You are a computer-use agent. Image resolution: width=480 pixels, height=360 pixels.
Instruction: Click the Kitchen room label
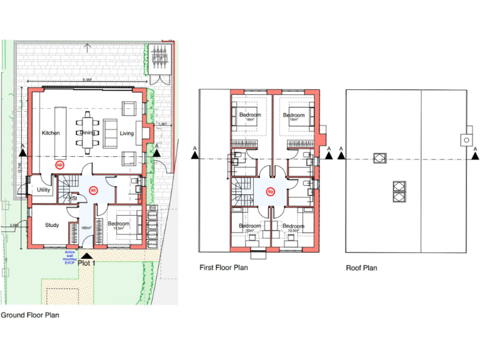(x=51, y=134)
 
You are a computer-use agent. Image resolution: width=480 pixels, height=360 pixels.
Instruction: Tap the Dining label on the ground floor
(x=87, y=133)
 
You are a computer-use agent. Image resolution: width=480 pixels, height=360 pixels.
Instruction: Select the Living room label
(x=127, y=134)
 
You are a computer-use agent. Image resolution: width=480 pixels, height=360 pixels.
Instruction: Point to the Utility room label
(x=43, y=189)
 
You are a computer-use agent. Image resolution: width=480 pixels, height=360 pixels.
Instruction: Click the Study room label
(x=52, y=225)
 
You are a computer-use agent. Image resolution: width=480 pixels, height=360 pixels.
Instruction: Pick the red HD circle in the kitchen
(x=60, y=165)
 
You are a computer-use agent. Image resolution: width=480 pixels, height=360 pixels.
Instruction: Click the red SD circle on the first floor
(x=271, y=191)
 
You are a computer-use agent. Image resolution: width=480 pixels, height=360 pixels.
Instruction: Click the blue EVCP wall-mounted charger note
(x=71, y=257)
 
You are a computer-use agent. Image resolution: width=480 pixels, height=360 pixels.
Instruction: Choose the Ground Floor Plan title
(x=30, y=316)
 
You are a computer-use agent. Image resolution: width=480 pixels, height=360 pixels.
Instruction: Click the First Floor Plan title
(x=224, y=268)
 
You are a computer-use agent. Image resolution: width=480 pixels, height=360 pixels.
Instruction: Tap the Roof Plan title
(x=362, y=268)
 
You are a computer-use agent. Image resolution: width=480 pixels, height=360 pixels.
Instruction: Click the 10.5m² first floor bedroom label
(x=293, y=227)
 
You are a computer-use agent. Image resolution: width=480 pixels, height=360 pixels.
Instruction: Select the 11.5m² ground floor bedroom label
(x=119, y=226)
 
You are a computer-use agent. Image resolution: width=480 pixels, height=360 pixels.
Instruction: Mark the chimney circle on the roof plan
(x=466, y=140)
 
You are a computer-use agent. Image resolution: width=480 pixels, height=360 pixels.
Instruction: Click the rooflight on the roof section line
(x=379, y=157)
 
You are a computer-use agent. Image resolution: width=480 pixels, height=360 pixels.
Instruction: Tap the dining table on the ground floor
(x=87, y=133)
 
